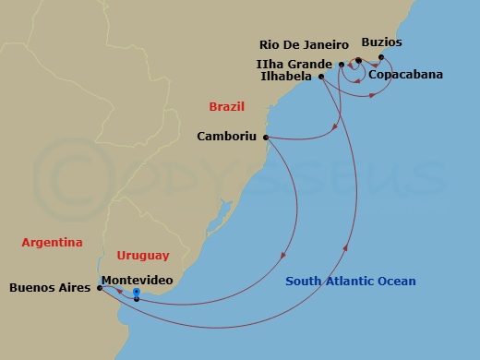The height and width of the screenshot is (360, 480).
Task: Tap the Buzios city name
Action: coord(382,42)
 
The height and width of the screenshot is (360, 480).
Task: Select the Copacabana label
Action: coord(404,74)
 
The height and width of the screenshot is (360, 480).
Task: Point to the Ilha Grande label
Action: coord(294,63)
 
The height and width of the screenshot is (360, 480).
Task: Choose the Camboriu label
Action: coord(228,137)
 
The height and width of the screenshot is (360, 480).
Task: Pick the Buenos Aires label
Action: coord(50,287)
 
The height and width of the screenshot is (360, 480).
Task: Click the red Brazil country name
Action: coord(226,107)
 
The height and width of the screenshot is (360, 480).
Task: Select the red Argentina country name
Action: coord(53,243)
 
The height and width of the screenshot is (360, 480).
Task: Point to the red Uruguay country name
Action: coord(143,255)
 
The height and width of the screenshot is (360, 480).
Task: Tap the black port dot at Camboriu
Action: coord(267,138)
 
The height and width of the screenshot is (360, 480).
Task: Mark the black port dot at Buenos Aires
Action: coord(99,287)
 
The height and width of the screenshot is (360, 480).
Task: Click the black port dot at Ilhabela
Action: coord(321,78)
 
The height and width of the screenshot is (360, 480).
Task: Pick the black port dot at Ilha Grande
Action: coord(342,64)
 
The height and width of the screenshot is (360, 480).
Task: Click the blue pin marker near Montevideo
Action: coord(136,293)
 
